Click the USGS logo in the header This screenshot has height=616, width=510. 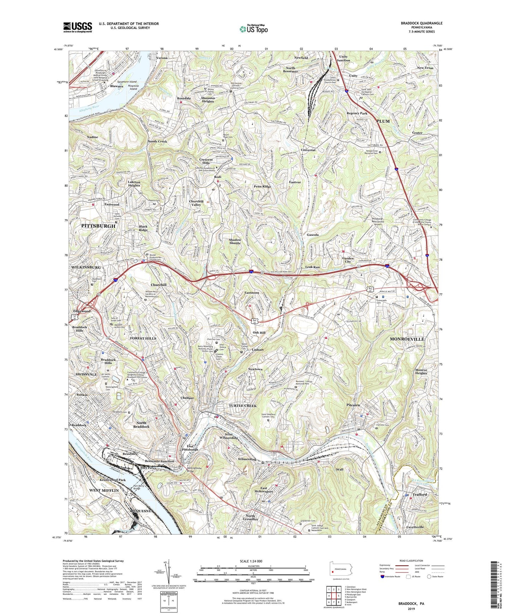coord(78,27)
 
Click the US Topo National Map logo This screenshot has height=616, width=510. coord(253,29)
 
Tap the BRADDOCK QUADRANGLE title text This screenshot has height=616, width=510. coord(421,23)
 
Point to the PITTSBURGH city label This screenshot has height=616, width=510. coord(98,226)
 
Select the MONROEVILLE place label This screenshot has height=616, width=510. coord(407,339)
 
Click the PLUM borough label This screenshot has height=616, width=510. coord(383,121)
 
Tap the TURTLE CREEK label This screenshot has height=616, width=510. coord(242,406)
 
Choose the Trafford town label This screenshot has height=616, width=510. coord(420,495)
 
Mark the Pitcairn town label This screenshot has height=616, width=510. coord(353,405)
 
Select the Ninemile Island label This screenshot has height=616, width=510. coord(133,87)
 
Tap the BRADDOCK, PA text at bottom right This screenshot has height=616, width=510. coord(411,604)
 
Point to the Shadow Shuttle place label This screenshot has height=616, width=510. coord(235,241)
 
